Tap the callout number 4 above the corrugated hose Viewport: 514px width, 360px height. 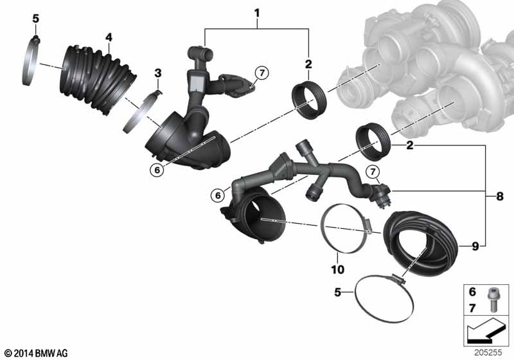(109, 37)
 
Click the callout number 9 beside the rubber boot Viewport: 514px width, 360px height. (474, 245)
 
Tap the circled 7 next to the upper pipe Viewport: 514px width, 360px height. (261, 72)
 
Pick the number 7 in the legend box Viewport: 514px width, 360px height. (472, 309)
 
